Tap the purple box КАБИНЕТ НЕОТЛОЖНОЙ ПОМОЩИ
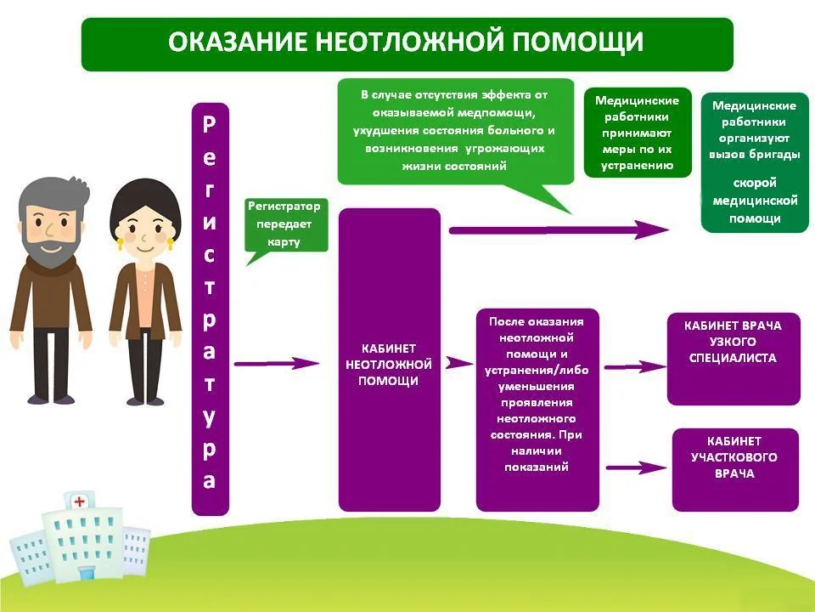(389, 361)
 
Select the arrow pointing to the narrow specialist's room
(638, 366)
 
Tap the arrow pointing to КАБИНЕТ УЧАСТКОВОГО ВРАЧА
(638, 467)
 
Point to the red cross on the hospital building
(80, 501)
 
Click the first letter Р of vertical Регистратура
(210, 123)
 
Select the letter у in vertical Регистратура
(210, 417)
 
